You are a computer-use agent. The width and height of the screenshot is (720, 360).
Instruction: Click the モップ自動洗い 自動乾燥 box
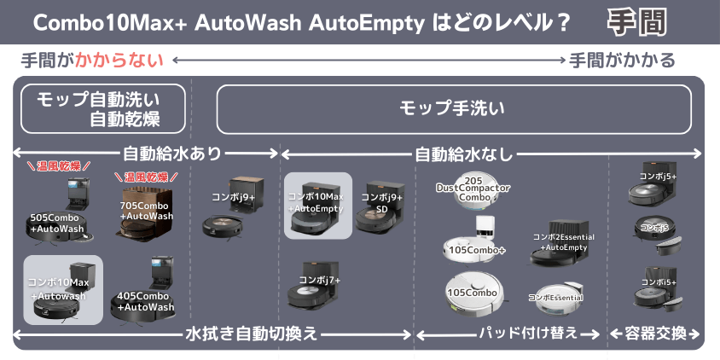click(103, 108)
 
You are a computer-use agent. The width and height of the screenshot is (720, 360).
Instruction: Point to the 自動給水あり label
click(171, 154)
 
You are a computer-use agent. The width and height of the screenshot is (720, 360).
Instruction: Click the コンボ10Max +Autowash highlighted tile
click(63, 289)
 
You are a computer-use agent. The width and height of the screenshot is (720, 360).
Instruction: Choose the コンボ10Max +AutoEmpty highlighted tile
click(317, 206)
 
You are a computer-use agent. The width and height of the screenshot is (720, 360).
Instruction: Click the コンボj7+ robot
click(318, 286)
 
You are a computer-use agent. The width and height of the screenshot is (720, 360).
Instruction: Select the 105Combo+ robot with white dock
click(474, 240)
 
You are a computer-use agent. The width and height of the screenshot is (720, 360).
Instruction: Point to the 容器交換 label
click(653, 334)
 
